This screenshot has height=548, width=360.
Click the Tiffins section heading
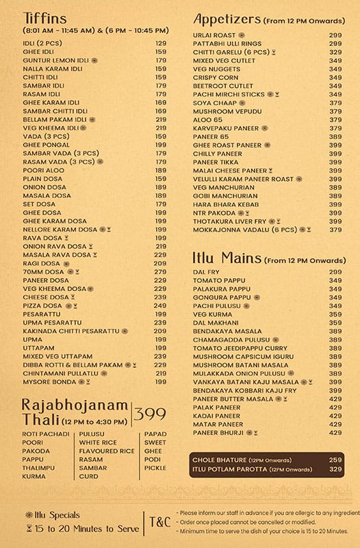(x=44, y=18)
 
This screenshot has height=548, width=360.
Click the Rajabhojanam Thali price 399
(x=150, y=414)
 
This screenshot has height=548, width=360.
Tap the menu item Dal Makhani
(x=216, y=322)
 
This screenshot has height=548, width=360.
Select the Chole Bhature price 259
(x=335, y=459)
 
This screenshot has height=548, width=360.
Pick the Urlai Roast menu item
(x=215, y=35)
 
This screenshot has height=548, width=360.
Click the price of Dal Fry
(x=335, y=271)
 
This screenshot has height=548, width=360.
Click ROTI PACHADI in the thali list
(x=42, y=434)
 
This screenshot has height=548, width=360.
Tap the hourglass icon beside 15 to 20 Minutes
(x=29, y=529)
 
